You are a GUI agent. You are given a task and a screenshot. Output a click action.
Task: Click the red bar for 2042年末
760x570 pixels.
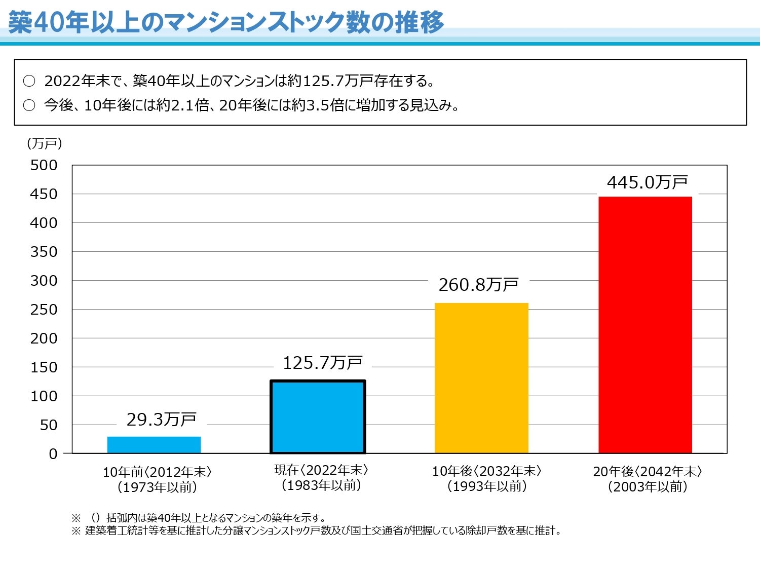(x=645, y=324)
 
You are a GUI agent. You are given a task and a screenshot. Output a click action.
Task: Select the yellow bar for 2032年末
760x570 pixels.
(x=481, y=378)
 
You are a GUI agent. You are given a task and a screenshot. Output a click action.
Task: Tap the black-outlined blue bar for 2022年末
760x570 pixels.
(x=318, y=416)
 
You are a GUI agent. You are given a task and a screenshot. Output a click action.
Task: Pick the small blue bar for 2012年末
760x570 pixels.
(x=154, y=444)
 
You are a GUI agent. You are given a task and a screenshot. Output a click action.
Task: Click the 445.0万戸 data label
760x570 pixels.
(x=647, y=182)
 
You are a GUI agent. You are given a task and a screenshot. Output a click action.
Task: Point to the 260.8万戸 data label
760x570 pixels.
(x=478, y=285)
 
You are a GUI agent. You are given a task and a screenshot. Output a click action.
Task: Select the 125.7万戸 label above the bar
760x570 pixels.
(x=322, y=363)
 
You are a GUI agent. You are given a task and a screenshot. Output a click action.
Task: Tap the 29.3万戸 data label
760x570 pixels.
(x=161, y=420)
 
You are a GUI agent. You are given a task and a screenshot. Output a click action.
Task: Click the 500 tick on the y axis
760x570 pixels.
(x=44, y=165)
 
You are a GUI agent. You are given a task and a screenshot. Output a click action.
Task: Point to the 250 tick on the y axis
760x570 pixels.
(x=44, y=310)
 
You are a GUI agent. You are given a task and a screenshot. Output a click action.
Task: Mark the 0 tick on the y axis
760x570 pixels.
(x=53, y=454)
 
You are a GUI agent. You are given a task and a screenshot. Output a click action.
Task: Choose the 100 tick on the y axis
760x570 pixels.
(x=44, y=396)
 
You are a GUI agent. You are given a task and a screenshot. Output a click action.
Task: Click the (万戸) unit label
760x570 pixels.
(x=44, y=144)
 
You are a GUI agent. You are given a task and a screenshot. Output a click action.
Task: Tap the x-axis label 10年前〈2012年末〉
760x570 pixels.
(x=157, y=472)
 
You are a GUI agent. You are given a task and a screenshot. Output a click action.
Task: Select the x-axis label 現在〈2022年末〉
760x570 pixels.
(x=321, y=470)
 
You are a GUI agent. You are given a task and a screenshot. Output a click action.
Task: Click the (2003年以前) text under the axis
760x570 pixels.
(x=648, y=487)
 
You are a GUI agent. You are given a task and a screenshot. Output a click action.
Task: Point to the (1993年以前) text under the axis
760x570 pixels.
(x=487, y=486)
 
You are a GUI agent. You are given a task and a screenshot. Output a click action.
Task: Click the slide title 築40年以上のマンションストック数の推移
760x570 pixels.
(x=226, y=23)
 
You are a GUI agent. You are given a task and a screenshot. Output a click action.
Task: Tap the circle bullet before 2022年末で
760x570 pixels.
(x=29, y=81)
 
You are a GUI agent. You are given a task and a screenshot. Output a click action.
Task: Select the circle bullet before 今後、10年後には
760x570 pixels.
(x=29, y=105)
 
